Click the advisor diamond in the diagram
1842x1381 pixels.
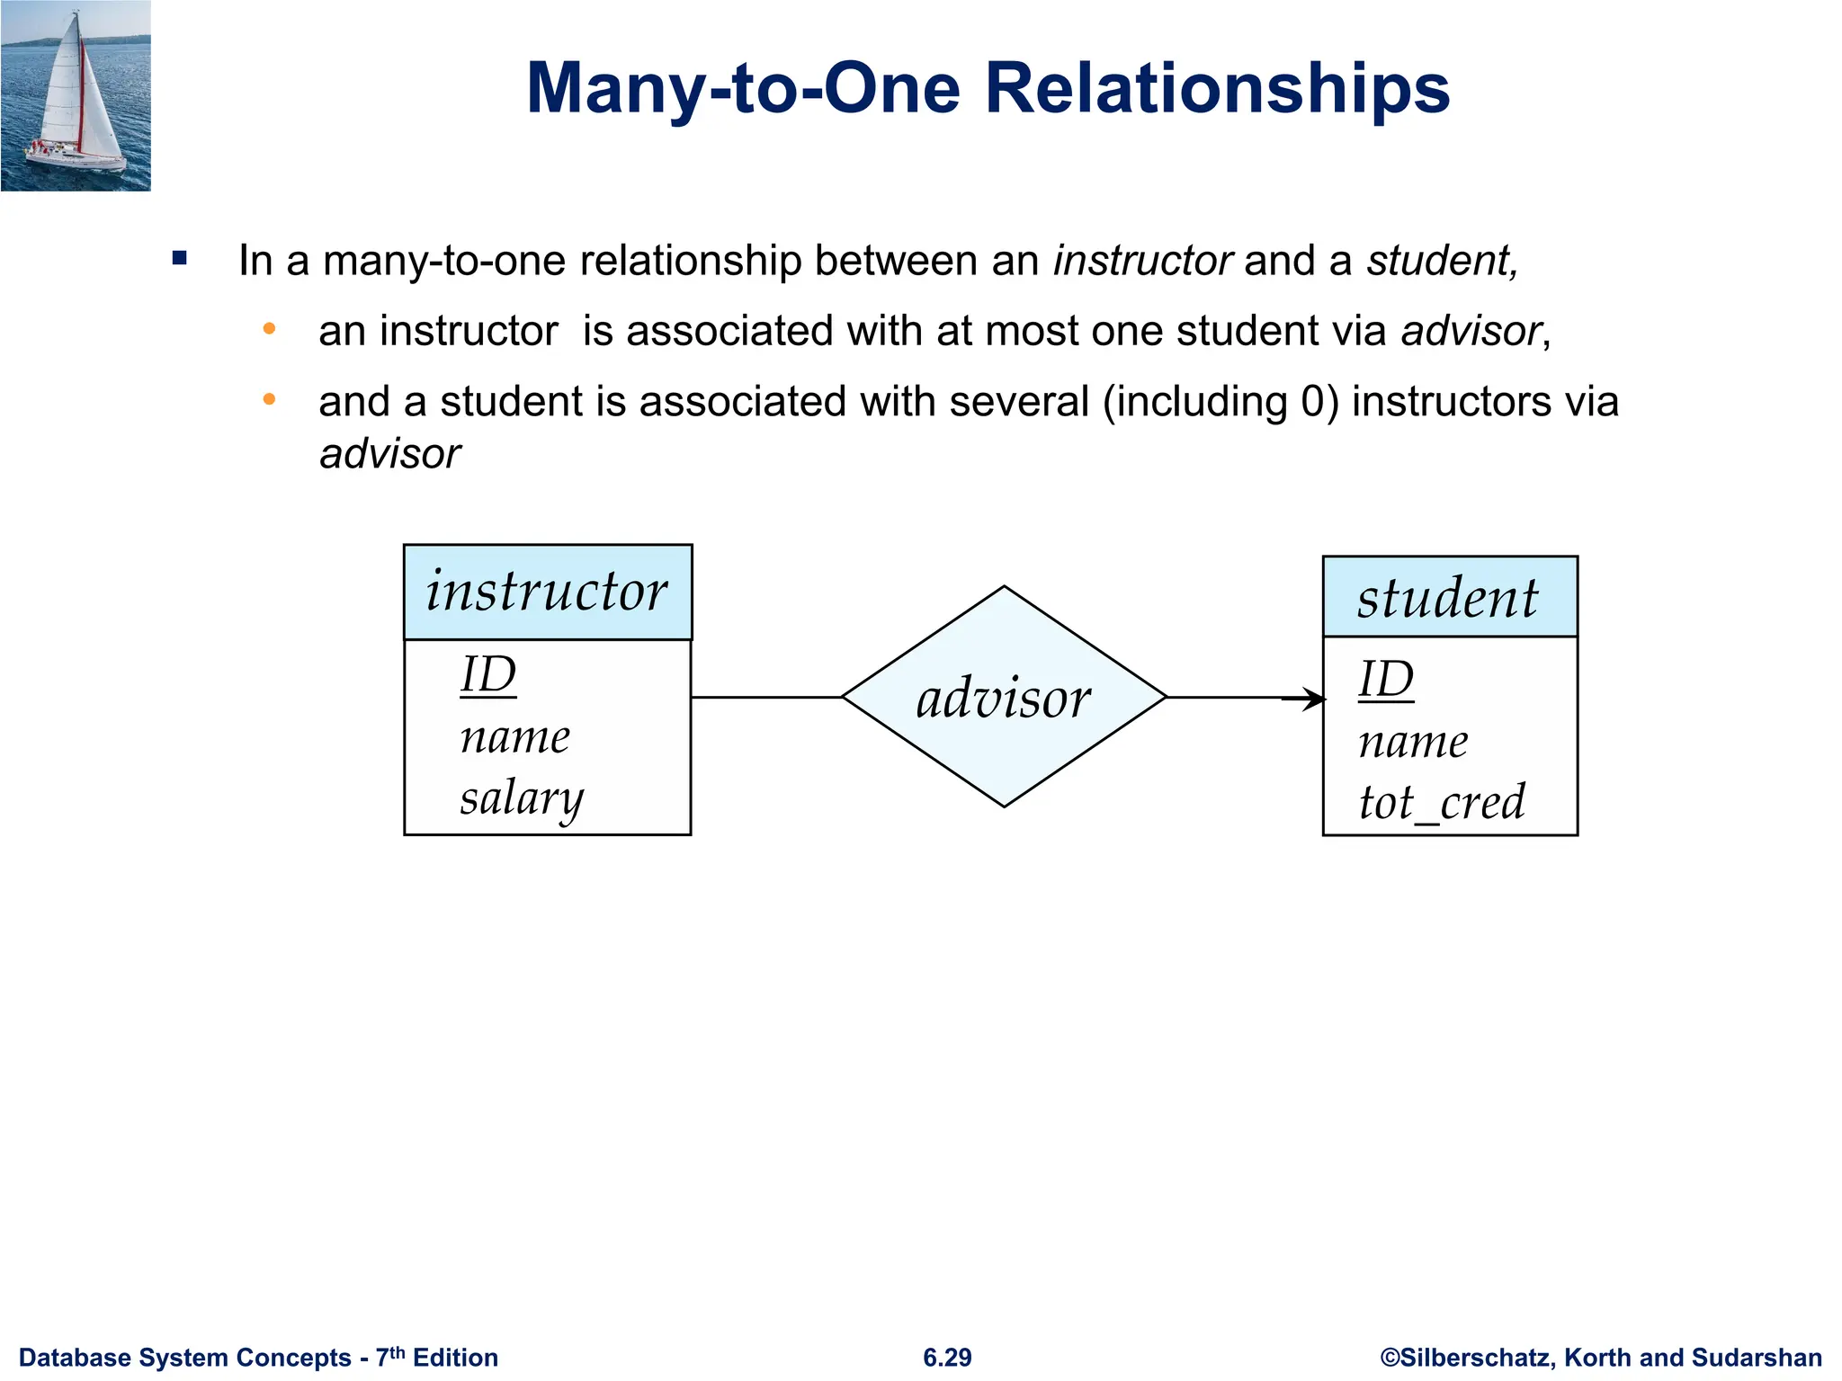pyautogui.click(x=1004, y=697)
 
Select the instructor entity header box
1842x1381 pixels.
pyautogui.click(x=548, y=592)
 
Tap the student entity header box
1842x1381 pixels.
pyautogui.click(x=1449, y=597)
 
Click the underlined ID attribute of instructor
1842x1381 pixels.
pyautogui.click(x=488, y=674)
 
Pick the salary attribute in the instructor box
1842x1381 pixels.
pyautogui.click(x=522, y=798)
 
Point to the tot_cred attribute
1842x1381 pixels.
pyautogui.click(x=1442, y=802)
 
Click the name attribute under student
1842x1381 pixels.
pyautogui.click(x=1413, y=742)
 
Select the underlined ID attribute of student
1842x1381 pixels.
pyautogui.click(x=1386, y=679)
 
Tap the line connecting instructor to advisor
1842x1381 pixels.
pyautogui.click(x=766, y=697)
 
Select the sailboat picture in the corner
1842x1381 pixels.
pyautogui.click(x=76, y=95)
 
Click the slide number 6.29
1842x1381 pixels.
pyautogui.click(x=947, y=1358)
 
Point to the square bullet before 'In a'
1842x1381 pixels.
pyautogui.click(x=180, y=260)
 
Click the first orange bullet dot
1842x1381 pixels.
pyautogui.click(x=269, y=330)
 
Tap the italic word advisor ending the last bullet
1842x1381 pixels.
pyautogui.click(x=390, y=454)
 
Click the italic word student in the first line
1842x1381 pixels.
pyautogui.click(x=1440, y=261)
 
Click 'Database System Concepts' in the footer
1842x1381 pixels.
pyautogui.click(x=185, y=1358)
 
